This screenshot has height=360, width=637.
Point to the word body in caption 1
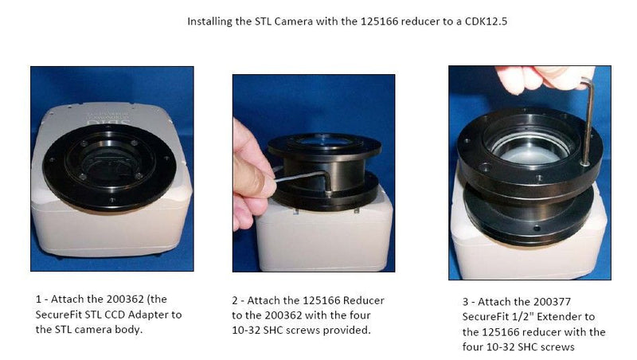[129, 330]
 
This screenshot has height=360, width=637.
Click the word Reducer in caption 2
[364, 301]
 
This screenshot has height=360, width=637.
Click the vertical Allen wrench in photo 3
[587, 122]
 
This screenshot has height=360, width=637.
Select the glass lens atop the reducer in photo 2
[324, 141]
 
